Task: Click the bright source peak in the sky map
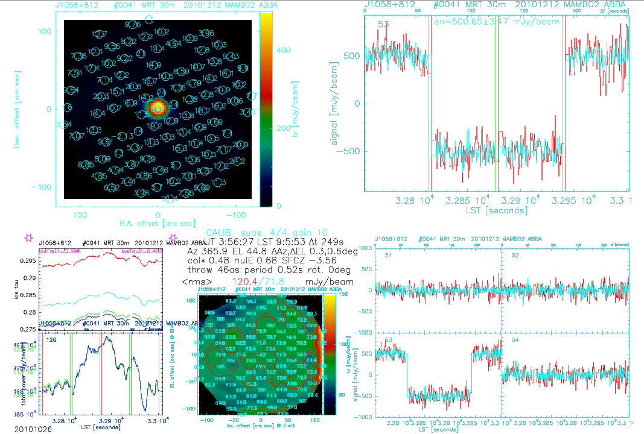click(158, 108)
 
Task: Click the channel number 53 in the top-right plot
click(383, 25)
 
